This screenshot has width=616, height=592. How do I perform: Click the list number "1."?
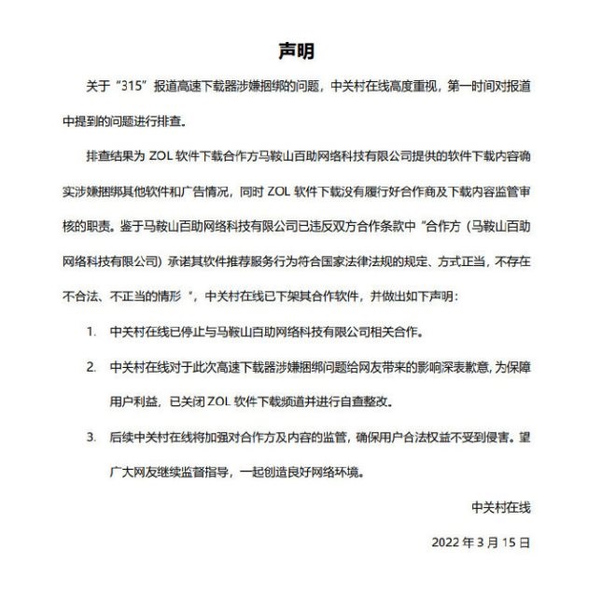tap(91, 331)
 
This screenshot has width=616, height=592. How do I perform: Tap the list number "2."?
tap(91, 367)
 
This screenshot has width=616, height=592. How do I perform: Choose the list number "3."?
tap(91, 436)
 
